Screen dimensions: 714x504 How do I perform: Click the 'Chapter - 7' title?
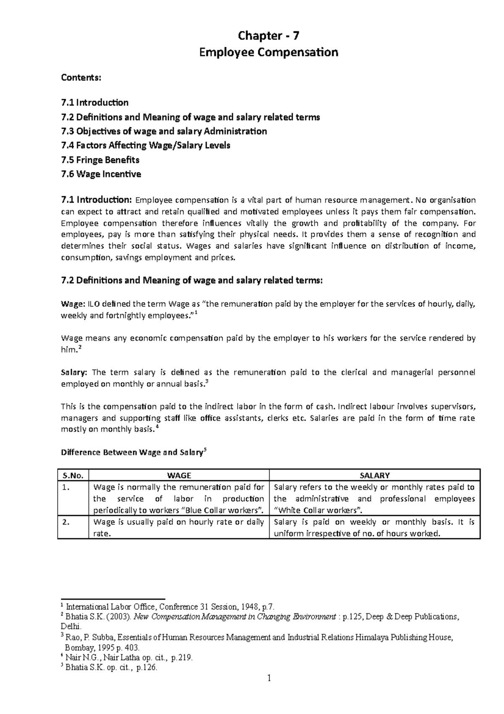point(268,36)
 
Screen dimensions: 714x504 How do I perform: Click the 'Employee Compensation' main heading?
point(268,53)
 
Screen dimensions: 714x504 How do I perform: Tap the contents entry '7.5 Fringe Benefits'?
point(100,160)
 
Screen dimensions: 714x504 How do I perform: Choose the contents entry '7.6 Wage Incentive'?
point(101,174)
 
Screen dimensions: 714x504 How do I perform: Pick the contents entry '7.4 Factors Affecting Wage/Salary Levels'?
point(145,145)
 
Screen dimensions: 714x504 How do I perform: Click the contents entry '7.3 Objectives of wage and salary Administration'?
point(164,131)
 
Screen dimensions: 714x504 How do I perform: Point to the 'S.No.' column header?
point(73,476)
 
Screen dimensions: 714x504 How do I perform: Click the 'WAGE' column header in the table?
point(179,476)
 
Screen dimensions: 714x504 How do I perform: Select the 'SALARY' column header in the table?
point(375,476)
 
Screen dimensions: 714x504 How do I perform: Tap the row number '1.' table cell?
point(65,488)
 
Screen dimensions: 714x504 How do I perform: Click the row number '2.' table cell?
point(65,522)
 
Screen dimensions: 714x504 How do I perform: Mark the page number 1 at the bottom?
point(269,679)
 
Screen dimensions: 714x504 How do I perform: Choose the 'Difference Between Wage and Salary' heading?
point(132,453)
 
